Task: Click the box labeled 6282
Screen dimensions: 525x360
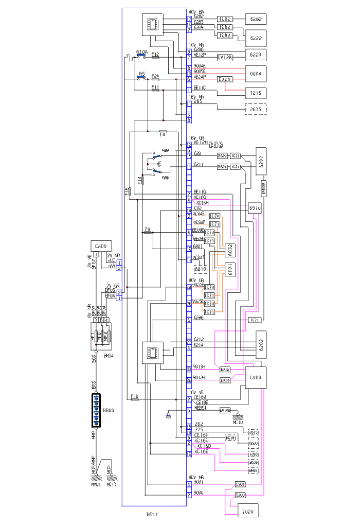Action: (256, 19)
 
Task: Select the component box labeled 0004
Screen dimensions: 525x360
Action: (256, 74)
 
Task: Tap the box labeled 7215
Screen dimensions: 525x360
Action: (256, 93)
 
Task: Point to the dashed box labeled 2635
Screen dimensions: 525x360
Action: (256, 109)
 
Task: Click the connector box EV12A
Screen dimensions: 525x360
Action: (225, 57)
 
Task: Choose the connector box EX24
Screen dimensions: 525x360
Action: (225, 80)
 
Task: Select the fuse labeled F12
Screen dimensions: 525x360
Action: (155, 57)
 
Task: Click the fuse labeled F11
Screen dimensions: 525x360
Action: (155, 91)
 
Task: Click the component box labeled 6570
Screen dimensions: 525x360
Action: (256, 208)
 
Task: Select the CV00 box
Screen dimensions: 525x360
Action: (256, 377)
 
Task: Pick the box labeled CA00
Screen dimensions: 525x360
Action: (100, 247)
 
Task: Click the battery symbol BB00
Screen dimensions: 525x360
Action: (96, 410)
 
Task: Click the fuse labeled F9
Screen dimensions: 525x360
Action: (148, 233)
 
